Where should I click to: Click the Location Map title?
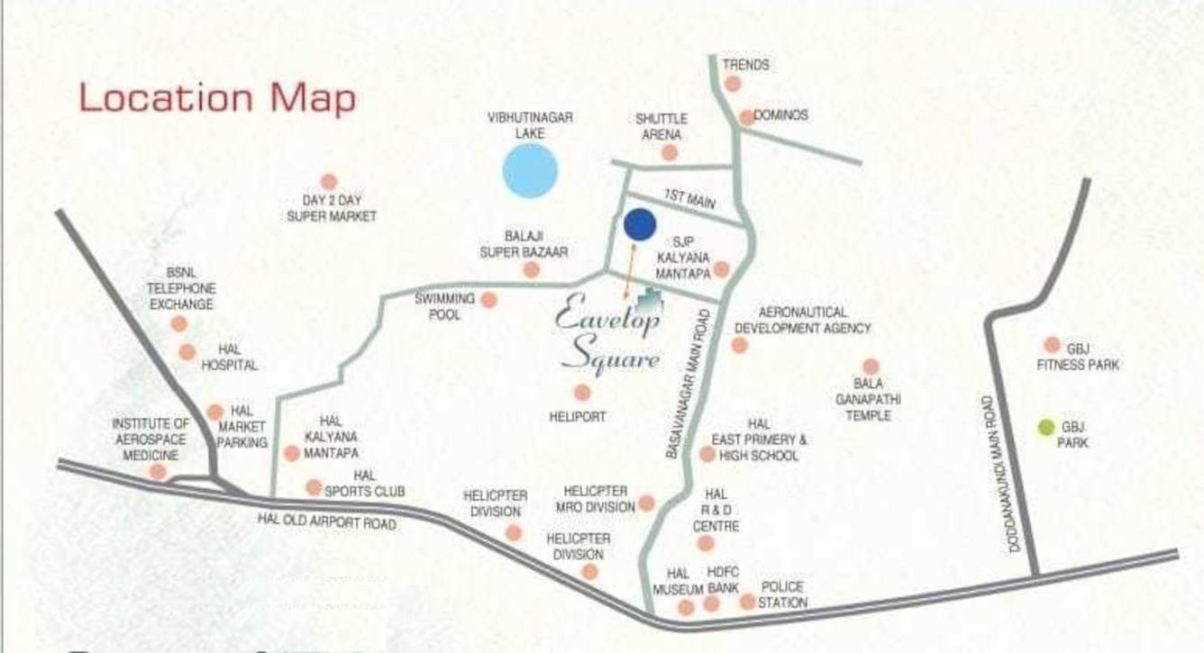(217, 98)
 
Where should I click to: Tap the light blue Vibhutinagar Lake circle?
(530, 169)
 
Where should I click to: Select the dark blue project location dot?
(639, 224)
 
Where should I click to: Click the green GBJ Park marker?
(1046, 427)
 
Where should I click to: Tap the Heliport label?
(578, 417)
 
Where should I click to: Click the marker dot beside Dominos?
(747, 117)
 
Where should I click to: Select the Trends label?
(745, 65)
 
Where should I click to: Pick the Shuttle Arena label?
(661, 126)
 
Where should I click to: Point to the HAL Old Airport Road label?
(326, 521)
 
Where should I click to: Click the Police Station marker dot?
(747, 601)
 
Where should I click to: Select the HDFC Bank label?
(723, 580)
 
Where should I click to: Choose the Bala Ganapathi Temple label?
(869, 399)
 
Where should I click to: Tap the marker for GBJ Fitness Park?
(1052, 345)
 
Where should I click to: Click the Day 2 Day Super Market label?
(332, 208)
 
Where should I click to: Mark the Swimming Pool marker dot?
(488, 299)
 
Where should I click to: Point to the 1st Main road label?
(689, 199)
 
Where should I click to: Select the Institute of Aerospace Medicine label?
(150, 439)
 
